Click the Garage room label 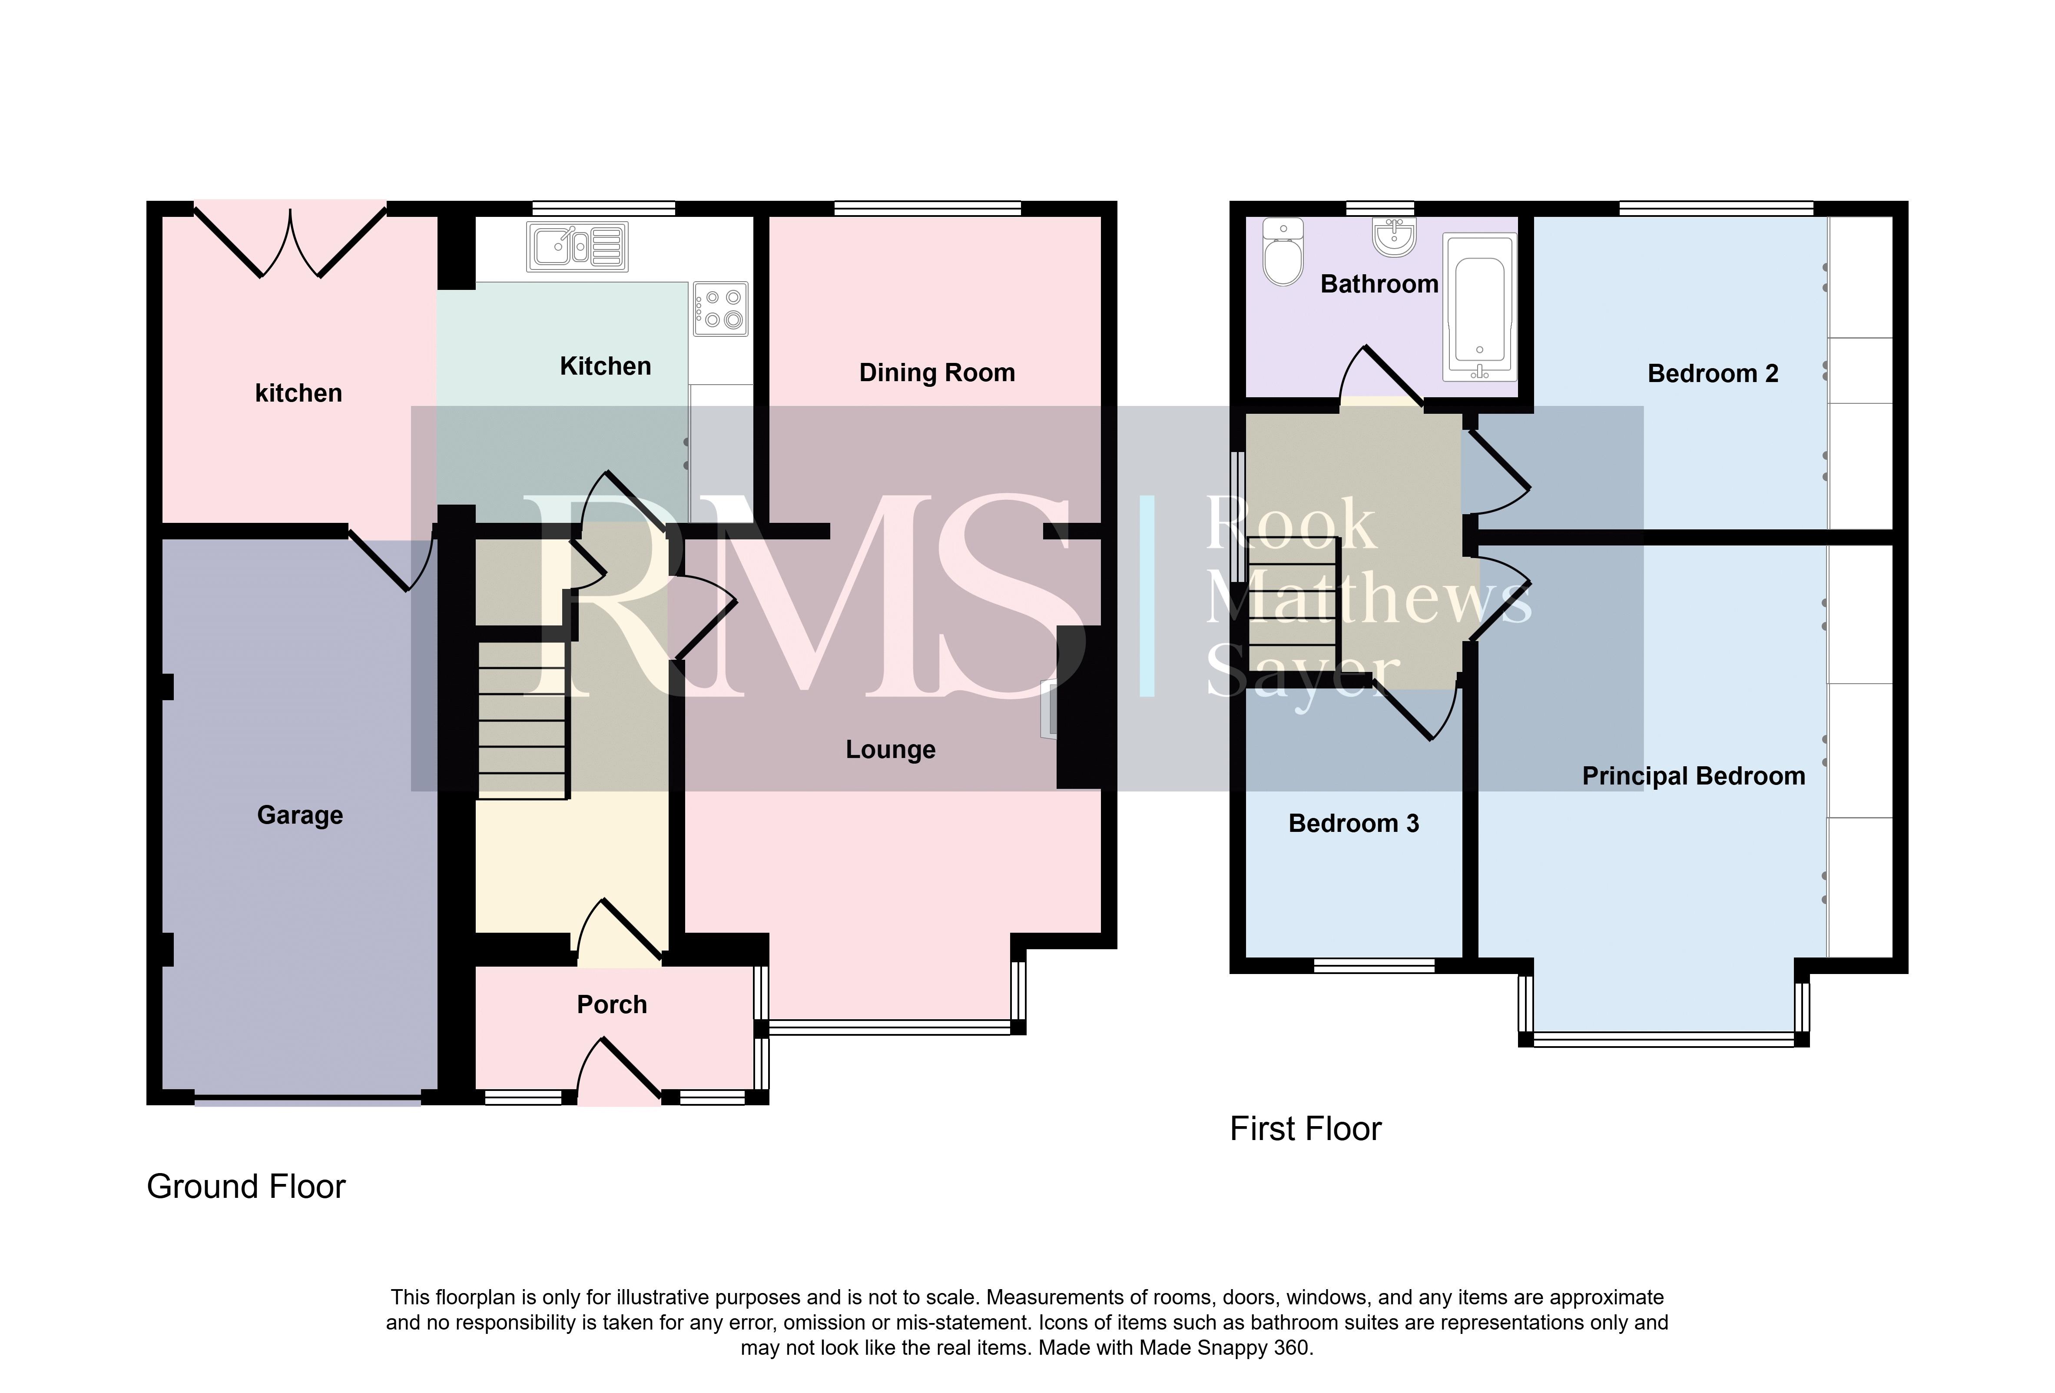[300, 815]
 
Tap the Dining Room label [937, 373]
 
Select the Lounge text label [891, 750]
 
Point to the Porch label [612, 1005]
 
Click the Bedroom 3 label [1354, 824]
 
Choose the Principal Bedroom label [1694, 777]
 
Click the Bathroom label [1379, 284]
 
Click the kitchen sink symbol [577, 246]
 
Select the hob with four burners [721, 309]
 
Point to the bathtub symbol [1479, 308]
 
